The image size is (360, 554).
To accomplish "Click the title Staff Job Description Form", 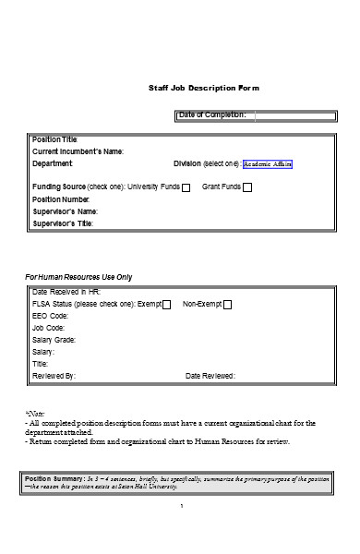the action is pos(204,88).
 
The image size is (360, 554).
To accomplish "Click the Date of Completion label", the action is pos(211,114).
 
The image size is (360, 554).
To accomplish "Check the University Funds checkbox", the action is pos(186,187).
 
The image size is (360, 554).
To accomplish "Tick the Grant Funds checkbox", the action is pos(246,187).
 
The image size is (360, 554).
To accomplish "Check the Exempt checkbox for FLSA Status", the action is pos(166,305).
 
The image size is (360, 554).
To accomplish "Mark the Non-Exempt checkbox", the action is pos(227,305).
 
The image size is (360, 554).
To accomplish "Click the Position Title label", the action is pos(55,139).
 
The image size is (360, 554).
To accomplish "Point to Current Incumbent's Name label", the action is pos(78,151).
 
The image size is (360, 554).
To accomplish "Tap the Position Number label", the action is pos(61,199).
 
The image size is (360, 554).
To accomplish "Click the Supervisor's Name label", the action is pos(65,211).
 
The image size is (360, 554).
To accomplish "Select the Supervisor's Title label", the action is pos(63,223).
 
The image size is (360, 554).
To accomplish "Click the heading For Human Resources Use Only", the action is pos(78,277).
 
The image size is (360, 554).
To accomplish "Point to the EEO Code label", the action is pos(52,316).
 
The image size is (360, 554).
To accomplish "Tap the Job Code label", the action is pos(49,328).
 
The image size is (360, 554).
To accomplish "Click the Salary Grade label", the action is pos(54,340).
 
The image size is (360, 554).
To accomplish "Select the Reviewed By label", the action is pos(54,376).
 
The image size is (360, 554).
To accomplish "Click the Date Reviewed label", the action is pos(210,376).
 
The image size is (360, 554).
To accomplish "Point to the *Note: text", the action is pos(34,414).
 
